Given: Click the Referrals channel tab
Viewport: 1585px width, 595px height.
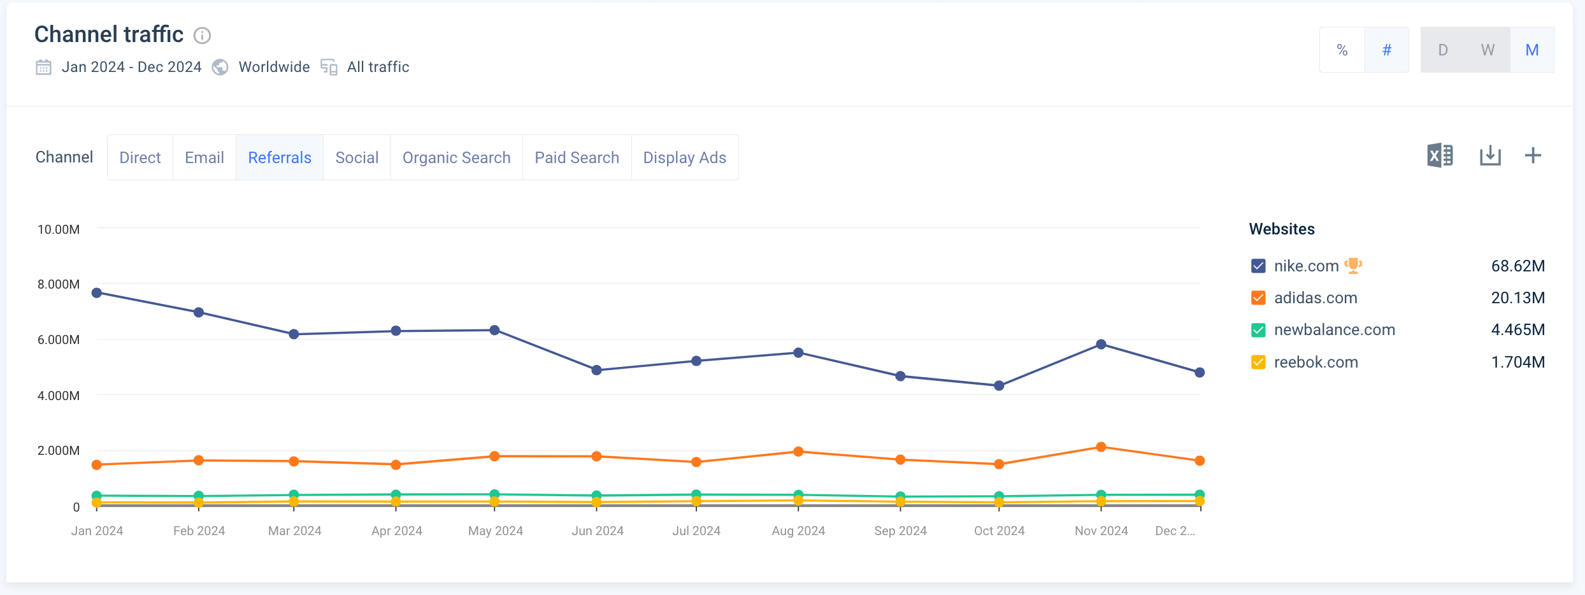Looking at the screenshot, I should coord(280,157).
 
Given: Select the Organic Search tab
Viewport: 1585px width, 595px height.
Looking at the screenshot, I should coord(456,157).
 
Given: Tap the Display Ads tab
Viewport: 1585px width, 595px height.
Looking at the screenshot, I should coord(684,157).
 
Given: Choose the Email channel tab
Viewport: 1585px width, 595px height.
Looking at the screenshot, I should coord(204,157).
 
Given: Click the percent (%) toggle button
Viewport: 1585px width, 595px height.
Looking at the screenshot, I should coord(1342,50).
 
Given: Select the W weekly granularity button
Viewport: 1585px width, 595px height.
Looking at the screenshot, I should coord(1488,50).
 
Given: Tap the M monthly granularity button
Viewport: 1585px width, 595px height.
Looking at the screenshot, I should coord(1531,50).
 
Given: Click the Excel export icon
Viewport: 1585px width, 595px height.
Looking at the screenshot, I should coord(1440,155).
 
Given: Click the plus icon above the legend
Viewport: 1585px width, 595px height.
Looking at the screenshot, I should coord(1533,155).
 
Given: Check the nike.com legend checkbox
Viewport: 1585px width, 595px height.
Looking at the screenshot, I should coord(1258,266).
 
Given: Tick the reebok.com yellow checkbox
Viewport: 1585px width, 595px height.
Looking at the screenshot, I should coord(1258,362).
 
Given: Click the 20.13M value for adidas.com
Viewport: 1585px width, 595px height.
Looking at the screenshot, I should coord(1517,297).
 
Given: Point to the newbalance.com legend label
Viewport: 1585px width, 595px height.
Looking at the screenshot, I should coord(1334,329).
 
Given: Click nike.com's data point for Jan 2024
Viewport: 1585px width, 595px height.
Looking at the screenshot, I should coord(97,293).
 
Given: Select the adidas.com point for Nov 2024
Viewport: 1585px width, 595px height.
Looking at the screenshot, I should coord(1101,447).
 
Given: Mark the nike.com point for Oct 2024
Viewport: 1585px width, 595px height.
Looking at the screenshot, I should coord(999,385).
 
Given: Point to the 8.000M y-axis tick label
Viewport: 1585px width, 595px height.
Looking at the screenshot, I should coord(59,284).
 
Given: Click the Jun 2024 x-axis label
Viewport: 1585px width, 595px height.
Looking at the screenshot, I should coord(597,531).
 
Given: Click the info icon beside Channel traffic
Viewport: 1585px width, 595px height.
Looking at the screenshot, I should coord(202,36).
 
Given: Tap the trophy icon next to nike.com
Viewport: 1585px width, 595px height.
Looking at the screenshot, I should coord(1353,265).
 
